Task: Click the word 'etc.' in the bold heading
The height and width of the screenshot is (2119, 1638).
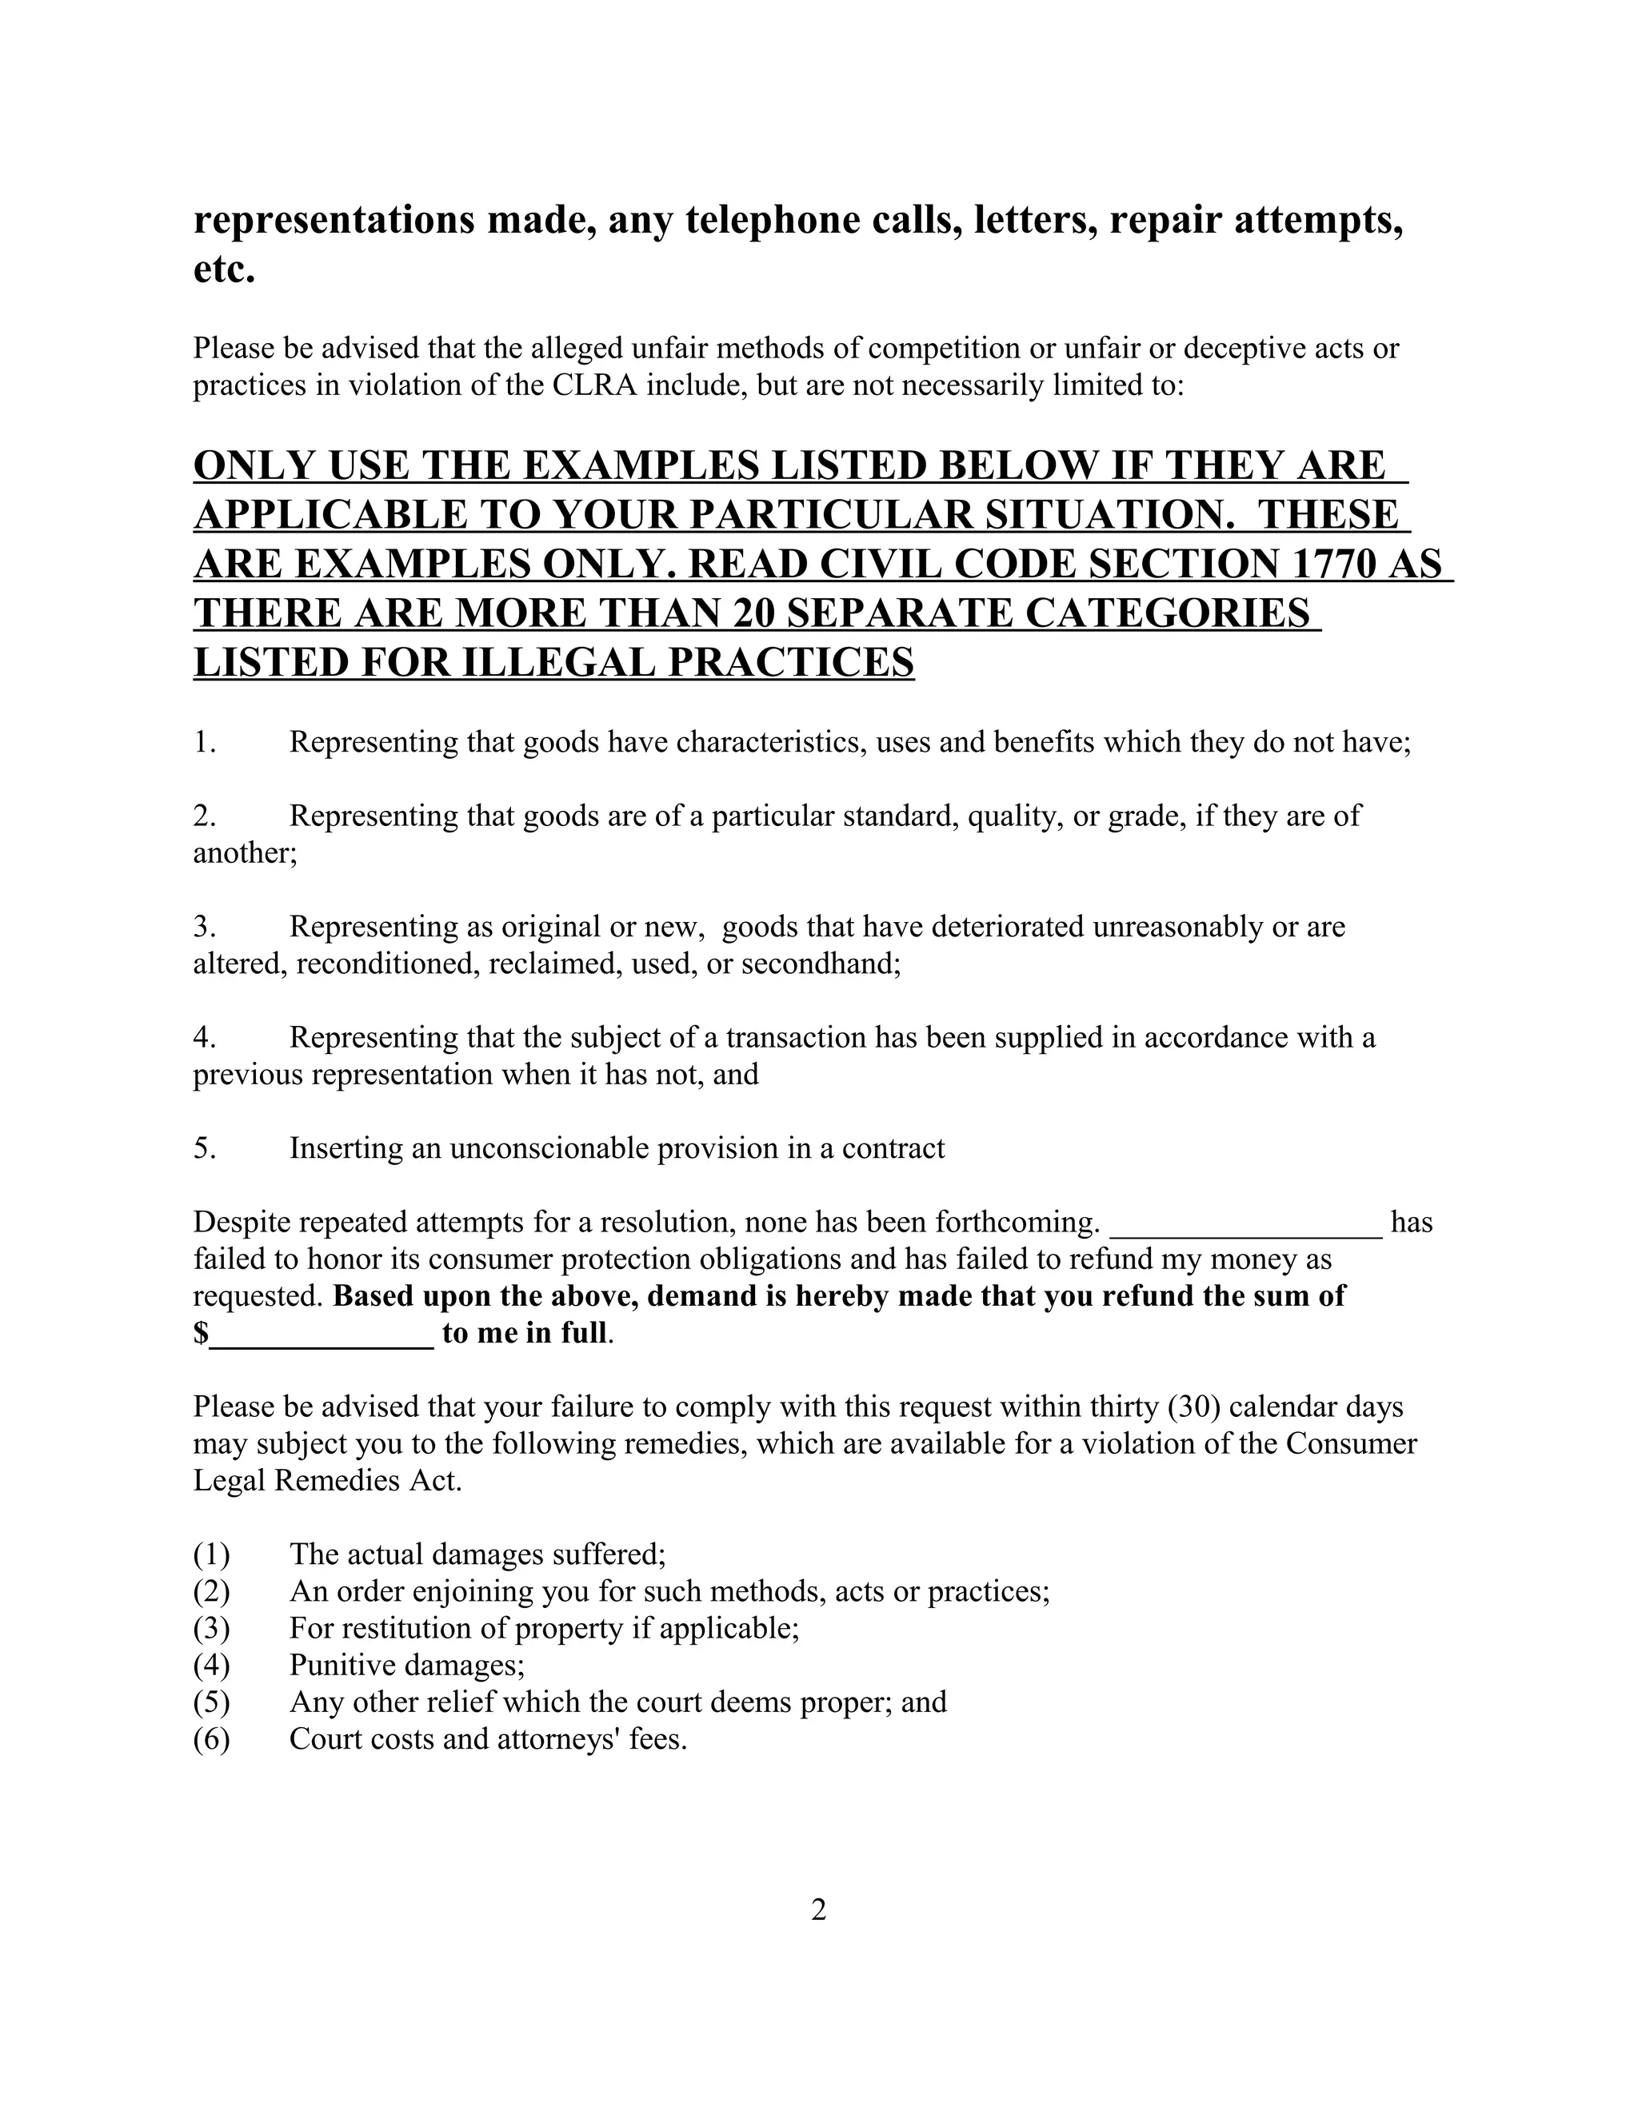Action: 224,269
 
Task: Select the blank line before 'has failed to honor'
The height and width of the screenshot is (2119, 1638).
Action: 1246,1224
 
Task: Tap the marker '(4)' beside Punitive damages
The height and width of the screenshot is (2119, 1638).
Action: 211,1665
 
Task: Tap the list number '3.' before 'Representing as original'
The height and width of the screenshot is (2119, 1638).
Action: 204,927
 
